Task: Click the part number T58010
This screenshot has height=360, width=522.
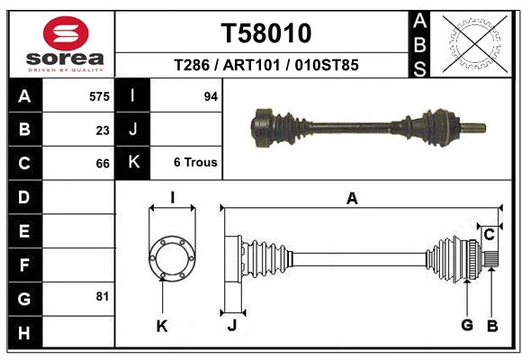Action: click(x=266, y=33)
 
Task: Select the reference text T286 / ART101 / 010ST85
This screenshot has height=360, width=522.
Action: click(x=266, y=66)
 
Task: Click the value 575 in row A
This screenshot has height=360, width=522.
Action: click(x=100, y=96)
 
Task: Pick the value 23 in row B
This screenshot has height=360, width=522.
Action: click(x=103, y=130)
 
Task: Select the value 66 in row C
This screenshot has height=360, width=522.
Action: click(x=103, y=164)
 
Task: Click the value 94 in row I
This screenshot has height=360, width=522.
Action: click(x=211, y=96)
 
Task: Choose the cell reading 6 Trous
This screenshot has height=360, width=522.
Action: click(x=195, y=163)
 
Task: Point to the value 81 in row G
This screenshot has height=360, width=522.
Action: click(x=103, y=296)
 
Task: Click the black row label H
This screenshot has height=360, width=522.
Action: click(x=23, y=331)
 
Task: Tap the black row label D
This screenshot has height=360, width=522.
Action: click(x=23, y=197)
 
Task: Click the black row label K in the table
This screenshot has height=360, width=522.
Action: click(x=133, y=163)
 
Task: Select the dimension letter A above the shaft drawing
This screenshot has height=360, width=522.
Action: click(x=352, y=198)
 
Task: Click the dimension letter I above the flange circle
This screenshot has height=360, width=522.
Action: click(x=171, y=198)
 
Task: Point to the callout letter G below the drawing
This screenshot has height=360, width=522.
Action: click(x=467, y=326)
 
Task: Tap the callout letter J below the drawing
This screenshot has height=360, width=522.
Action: click(x=231, y=326)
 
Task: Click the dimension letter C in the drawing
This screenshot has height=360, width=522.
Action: click(x=489, y=235)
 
